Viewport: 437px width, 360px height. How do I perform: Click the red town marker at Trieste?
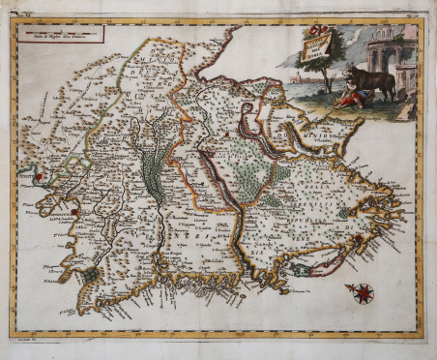click(40, 176)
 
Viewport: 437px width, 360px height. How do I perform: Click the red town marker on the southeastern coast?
click(357, 238)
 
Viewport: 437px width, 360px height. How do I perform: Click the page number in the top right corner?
click(412, 14)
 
